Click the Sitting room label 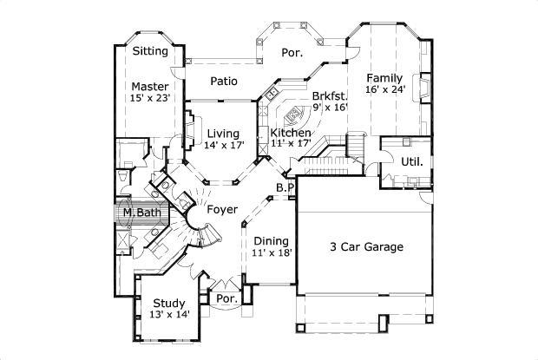(x=150, y=51)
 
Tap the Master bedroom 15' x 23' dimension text (x=150, y=99)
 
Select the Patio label (x=224, y=81)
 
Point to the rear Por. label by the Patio (x=292, y=53)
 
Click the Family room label (x=384, y=77)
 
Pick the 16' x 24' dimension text (x=384, y=89)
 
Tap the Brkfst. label (x=330, y=95)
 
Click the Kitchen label (x=290, y=132)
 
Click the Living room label (x=223, y=133)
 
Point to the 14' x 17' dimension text (x=223, y=145)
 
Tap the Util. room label (x=411, y=161)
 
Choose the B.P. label (x=285, y=187)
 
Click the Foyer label (x=223, y=210)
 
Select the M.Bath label (x=139, y=213)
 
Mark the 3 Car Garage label (x=365, y=247)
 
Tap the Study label (x=170, y=303)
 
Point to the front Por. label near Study (x=227, y=298)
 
